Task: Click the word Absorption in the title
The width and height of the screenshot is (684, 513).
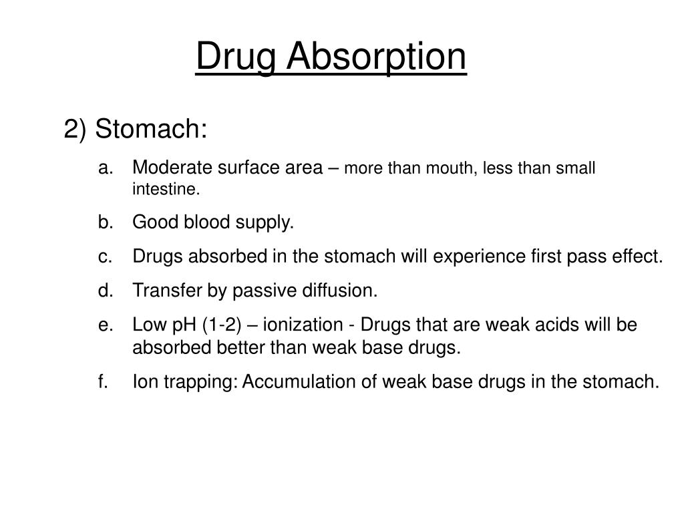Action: point(376,57)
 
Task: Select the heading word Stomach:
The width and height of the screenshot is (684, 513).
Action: point(151,130)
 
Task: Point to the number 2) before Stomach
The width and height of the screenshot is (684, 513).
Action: point(75,130)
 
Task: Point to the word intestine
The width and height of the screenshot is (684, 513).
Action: point(165,190)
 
